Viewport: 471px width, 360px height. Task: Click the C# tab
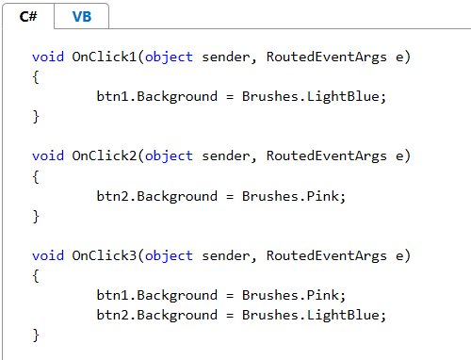click(x=28, y=16)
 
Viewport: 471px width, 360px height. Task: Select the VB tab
click(x=82, y=16)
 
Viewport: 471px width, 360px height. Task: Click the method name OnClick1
click(x=105, y=57)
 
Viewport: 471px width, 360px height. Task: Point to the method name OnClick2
click(x=105, y=155)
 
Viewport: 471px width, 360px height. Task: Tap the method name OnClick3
click(x=105, y=255)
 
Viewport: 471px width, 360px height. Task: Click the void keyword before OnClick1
click(x=48, y=57)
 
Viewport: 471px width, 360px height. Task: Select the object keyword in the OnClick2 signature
click(x=169, y=156)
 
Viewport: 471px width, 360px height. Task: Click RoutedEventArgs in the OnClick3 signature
click(x=327, y=256)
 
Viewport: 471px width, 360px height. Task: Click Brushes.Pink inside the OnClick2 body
click(x=290, y=196)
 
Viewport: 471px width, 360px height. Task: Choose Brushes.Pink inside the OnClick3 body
click(x=290, y=295)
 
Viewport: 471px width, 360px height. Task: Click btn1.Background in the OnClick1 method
click(x=157, y=97)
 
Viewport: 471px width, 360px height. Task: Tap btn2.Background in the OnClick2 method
click(x=157, y=197)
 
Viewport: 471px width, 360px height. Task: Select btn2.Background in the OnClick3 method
click(x=157, y=316)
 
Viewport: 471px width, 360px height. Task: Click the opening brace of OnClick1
click(x=36, y=77)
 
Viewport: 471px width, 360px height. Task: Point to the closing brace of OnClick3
click(x=36, y=335)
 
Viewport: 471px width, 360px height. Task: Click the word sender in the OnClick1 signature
click(x=225, y=57)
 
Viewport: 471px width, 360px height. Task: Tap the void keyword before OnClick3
click(x=48, y=255)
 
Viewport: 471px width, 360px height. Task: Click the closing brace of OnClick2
click(x=36, y=217)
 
